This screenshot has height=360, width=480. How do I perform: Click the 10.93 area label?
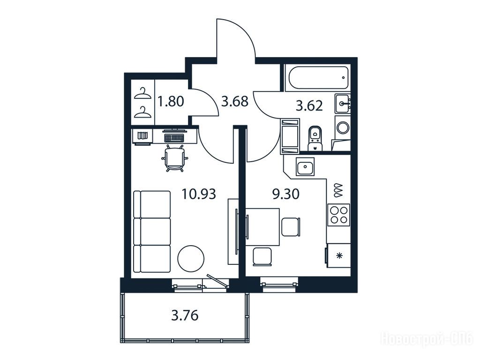(x=199, y=194)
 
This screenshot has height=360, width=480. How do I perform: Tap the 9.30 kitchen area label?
(x=285, y=194)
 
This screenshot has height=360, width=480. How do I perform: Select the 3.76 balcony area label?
(x=185, y=315)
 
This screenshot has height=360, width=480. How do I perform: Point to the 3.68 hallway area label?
(x=235, y=101)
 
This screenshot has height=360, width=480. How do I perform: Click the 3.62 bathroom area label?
(x=309, y=105)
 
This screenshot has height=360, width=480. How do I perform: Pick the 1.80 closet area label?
(x=171, y=101)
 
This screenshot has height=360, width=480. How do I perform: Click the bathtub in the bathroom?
(x=317, y=78)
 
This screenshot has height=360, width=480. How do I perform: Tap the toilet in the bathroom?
(x=315, y=137)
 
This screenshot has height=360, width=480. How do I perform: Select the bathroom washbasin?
(x=342, y=104)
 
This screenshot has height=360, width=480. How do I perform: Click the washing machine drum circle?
(x=343, y=127)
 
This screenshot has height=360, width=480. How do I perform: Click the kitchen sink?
(x=305, y=166)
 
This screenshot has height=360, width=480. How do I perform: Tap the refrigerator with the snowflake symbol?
(x=338, y=255)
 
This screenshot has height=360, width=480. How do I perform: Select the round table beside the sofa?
(x=191, y=258)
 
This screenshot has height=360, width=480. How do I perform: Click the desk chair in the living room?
(x=175, y=158)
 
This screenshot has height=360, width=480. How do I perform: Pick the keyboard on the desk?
(x=174, y=138)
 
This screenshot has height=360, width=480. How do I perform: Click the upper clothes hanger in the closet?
(x=142, y=94)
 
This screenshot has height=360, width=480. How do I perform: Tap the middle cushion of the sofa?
(x=152, y=232)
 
